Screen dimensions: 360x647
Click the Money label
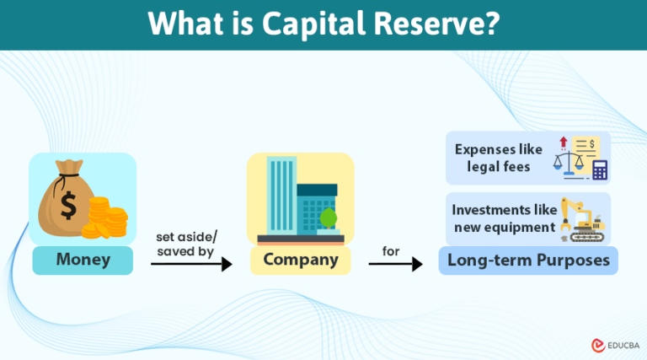[83, 260]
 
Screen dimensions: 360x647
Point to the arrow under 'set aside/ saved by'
[191, 264]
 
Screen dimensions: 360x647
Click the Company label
[300, 260]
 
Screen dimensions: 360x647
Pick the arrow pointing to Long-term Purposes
[395, 265]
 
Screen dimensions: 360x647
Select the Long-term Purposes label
[528, 260]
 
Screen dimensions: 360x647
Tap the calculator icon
[600, 169]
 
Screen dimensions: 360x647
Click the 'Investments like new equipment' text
[503, 218]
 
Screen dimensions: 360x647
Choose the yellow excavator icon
[581, 218]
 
